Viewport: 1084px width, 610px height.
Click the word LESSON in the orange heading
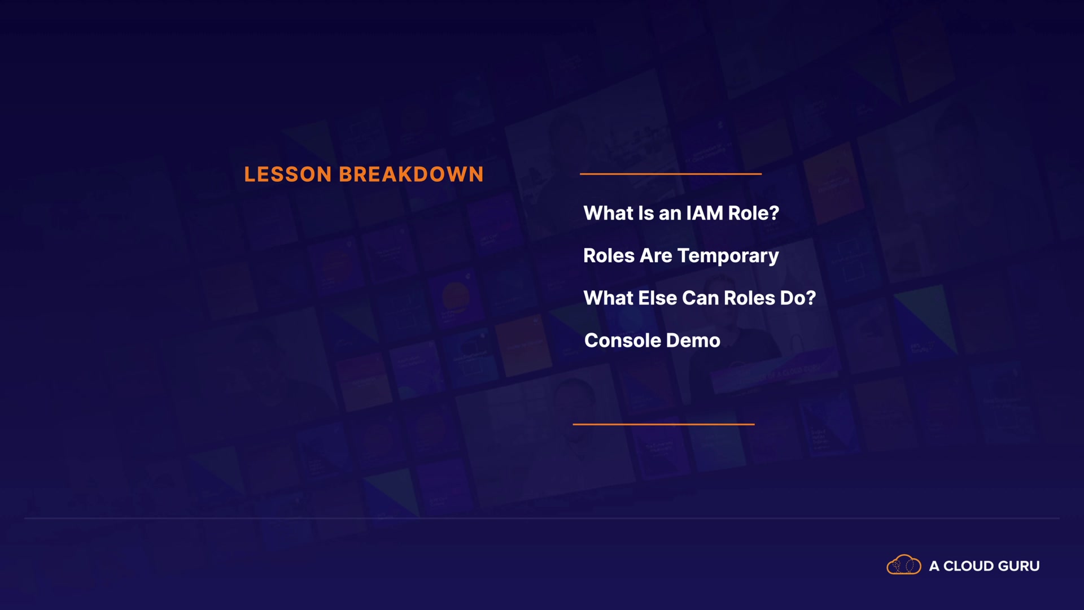(x=287, y=175)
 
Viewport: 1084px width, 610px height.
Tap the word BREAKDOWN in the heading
(x=411, y=175)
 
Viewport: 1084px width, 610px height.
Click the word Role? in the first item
(x=754, y=213)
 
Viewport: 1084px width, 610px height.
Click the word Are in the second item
(x=656, y=256)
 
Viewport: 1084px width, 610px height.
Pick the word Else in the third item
(x=657, y=298)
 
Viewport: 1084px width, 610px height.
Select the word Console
(x=623, y=341)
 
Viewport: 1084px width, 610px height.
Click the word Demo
(x=693, y=341)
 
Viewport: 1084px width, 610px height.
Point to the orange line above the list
(x=671, y=174)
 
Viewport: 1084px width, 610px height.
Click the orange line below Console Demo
(x=663, y=424)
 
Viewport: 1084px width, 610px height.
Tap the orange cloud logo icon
(x=904, y=565)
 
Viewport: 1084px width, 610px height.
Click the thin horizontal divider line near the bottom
(x=542, y=518)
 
